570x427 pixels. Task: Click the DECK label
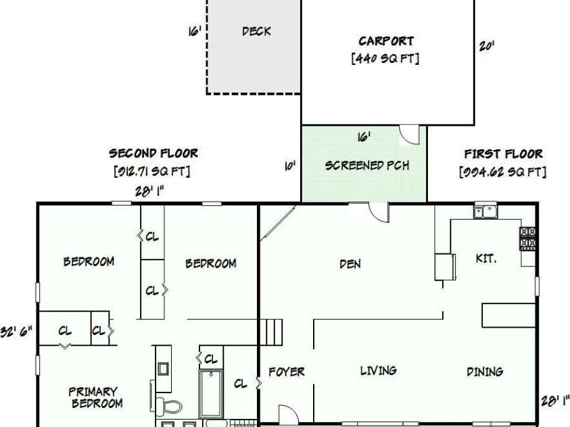pos(256,31)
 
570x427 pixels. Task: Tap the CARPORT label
pos(386,41)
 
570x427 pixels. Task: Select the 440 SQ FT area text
pos(385,58)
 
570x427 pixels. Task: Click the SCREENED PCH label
pos(366,166)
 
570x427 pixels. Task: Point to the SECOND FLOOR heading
pos(153,153)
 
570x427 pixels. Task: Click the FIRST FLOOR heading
pos(504,154)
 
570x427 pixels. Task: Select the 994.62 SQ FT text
pos(503,172)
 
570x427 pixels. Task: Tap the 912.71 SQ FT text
pos(152,171)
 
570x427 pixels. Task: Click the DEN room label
pos(350,264)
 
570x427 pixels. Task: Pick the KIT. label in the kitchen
pos(486,259)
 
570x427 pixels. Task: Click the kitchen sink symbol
pos(485,211)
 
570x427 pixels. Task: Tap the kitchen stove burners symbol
pos(527,238)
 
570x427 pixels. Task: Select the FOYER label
pos(287,372)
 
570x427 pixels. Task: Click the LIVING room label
pos(378,371)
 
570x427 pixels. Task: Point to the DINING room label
pos(485,372)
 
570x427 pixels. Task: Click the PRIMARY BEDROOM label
pos(95,397)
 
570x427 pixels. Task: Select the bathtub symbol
pos(211,394)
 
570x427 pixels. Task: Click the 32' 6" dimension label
pos(16,332)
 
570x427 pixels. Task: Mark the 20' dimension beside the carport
pos(486,46)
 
